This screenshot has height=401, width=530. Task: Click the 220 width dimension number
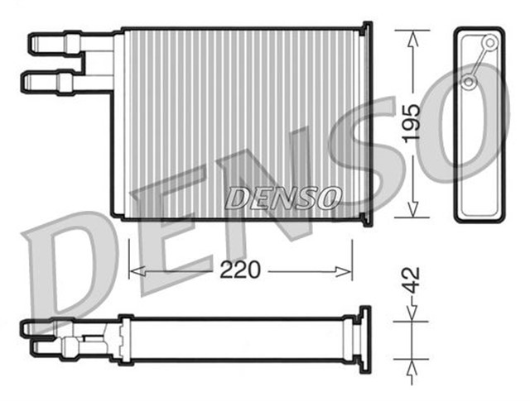coord(241,270)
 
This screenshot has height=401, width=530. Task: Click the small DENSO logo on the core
coord(282,197)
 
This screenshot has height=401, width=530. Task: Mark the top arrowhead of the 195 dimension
coord(412,36)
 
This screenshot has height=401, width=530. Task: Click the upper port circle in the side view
coord(490,42)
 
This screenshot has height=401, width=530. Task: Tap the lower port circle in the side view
coord(469,82)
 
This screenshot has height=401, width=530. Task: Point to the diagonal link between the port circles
coord(479,62)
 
